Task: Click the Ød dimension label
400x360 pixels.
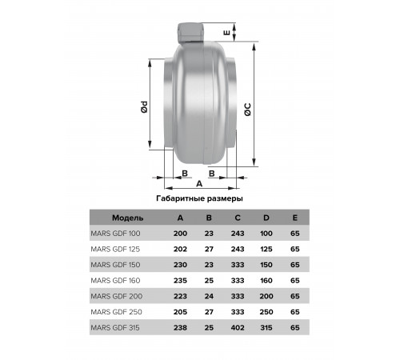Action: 144,107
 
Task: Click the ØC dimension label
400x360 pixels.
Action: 248,110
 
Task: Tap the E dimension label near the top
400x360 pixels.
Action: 227,33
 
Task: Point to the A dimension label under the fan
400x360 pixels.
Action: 199,184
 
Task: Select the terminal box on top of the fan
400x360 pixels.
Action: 190,33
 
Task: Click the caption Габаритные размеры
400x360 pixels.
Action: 199,198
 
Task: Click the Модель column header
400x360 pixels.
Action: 128,218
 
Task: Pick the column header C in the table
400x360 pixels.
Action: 238,218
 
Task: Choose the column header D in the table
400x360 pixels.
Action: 266,218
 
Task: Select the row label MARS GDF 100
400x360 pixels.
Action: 115,234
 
